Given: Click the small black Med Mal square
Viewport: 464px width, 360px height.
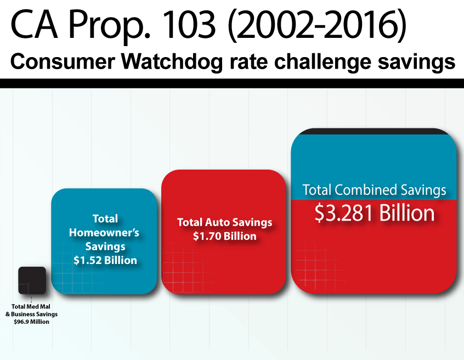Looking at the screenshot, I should tap(32, 280).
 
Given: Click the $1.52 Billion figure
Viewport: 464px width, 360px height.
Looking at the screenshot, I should tap(105, 260).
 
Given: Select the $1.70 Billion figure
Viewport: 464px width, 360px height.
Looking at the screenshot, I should tap(225, 237).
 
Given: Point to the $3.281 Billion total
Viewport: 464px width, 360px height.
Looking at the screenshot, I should tap(375, 213).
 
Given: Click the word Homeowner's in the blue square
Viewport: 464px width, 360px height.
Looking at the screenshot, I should tap(104, 233).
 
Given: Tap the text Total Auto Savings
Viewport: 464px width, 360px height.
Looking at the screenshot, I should tap(225, 223).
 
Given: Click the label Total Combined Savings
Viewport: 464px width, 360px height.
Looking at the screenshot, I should tap(375, 190).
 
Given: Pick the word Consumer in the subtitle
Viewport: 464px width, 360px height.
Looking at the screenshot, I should tap(53, 62).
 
